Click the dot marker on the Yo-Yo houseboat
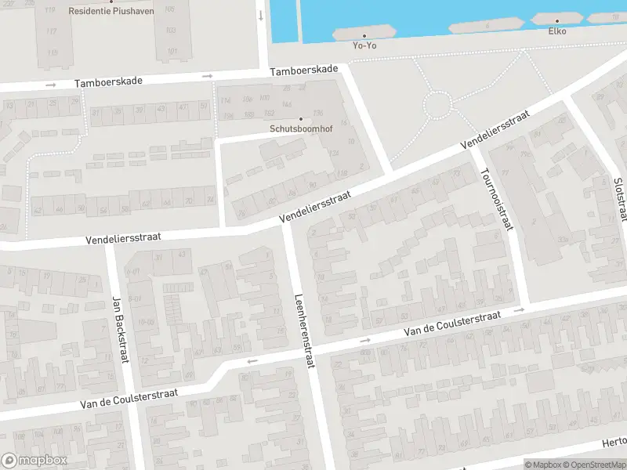pos(364,34)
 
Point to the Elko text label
pos(557,31)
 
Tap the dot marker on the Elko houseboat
pos(557,21)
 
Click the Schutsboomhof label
pos(300,129)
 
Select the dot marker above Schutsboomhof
pos(300,119)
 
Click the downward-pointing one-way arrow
pos(260,16)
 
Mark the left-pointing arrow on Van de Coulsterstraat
pos(252,361)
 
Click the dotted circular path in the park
pos(437,104)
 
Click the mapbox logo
pos(34,461)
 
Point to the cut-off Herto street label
pos(613,443)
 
